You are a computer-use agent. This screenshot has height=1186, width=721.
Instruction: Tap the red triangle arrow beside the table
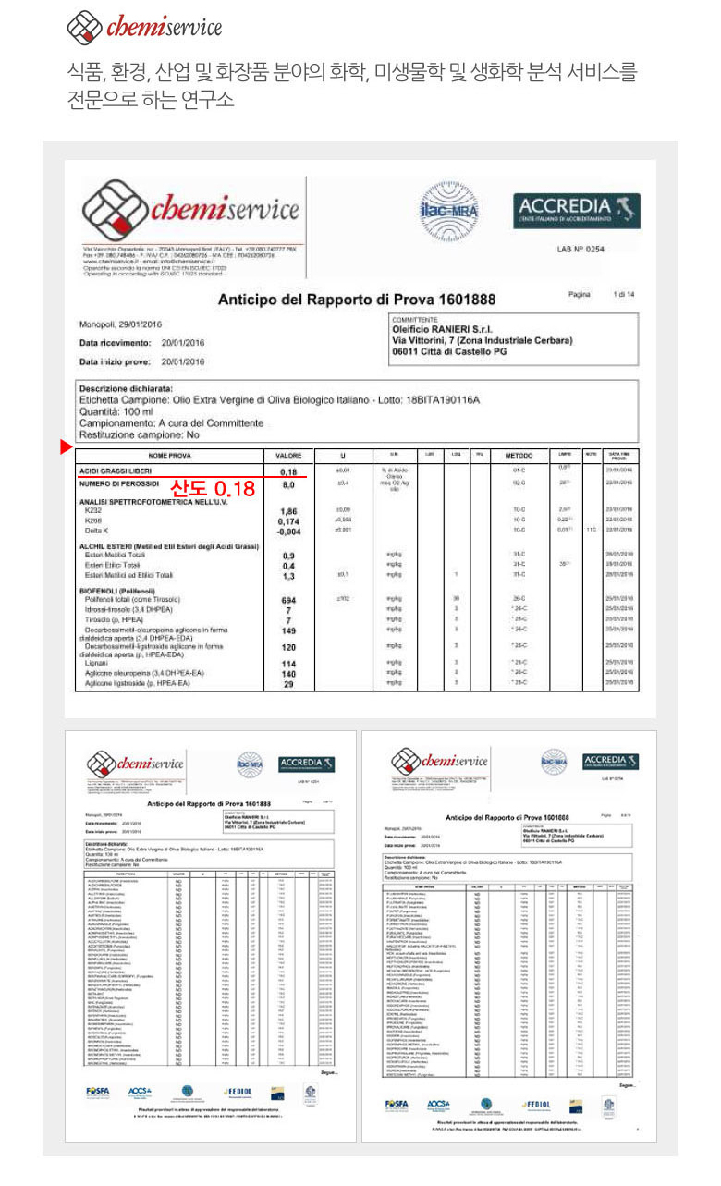coord(66,448)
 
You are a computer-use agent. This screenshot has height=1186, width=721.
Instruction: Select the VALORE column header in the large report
coord(288,456)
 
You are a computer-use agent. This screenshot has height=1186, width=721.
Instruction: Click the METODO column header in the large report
coord(519,456)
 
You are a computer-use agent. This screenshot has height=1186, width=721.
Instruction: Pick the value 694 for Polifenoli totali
coord(288,600)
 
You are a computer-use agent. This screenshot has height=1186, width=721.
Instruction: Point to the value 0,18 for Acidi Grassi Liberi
coord(288,472)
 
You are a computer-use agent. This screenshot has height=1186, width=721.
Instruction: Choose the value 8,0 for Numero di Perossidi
coord(288,484)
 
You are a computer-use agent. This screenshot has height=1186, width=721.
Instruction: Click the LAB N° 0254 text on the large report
coord(580,250)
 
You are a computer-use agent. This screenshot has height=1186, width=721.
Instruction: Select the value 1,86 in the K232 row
coord(288,510)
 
